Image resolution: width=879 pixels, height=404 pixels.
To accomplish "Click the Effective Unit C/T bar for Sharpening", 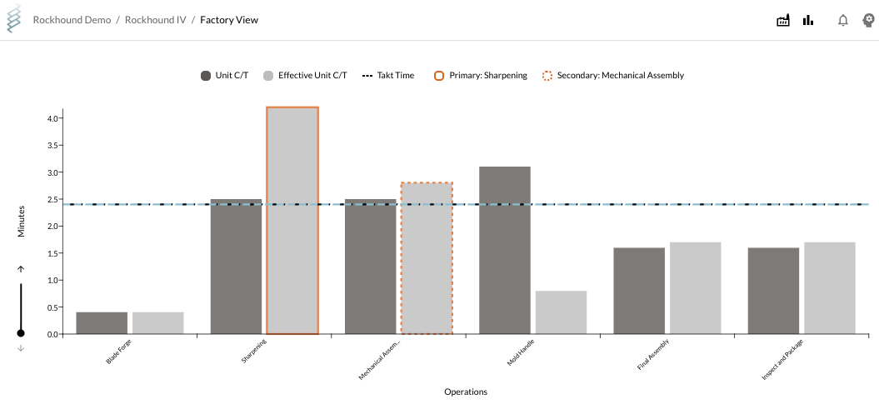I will pyautogui.click(x=292, y=221).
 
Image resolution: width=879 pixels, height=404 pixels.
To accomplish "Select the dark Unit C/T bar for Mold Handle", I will pyautogui.click(x=505, y=250).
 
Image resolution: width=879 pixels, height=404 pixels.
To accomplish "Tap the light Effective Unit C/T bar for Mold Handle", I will pyautogui.click(x=561, y=312).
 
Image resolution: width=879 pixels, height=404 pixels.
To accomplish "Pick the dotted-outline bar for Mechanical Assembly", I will pyautogui.click(x=427, y=258).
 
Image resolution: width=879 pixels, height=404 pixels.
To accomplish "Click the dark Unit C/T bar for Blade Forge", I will pyautogui.click(x=102, y=323).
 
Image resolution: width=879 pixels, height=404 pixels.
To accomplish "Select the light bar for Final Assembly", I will pyautogui.click(x=695, y=288).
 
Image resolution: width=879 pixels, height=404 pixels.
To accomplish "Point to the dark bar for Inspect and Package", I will pyautogui.click(x=773, y=291).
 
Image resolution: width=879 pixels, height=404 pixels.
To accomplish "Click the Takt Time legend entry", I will pyautogui.click(x=388, y=76).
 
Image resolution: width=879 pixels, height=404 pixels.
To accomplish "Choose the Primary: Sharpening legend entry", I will pyautogui.click(x=481, y=76).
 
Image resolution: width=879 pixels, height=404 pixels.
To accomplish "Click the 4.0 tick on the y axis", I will pyautogui.click(x=52, y=119).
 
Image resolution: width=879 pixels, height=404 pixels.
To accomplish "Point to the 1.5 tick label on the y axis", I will pyautogui.click(x=52, y=253).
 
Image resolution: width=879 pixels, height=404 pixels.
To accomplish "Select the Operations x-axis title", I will pyautogui.click(x=466, y=392).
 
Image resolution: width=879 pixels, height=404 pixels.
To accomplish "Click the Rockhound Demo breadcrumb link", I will pyautogui.click(x=72, y=20).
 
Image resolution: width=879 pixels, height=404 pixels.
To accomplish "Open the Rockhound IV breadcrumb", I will pyautogui.click(x=155, y=20).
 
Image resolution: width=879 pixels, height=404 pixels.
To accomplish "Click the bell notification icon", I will pyautogui.click(x=843, y=21).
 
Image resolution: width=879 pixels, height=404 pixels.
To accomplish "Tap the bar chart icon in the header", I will pyautogui.click(x=808, y=21).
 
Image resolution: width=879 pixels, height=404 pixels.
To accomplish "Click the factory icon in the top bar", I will pyautogui.click(x=783, y=21).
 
